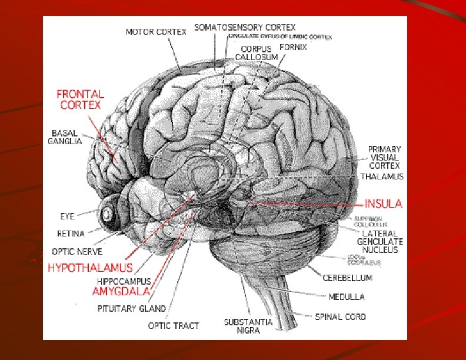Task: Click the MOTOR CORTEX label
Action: (x=156, y=32)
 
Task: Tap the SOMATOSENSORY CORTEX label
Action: (x=245, y=27)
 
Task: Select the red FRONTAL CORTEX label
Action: (x=80, y=99)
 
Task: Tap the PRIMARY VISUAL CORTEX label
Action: (x=385, y=157)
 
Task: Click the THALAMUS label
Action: (x=381, y=176)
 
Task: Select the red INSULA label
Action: (x=383, y=204)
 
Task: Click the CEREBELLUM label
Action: (x=347, y=277)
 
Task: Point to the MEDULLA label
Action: (x=347, y=296)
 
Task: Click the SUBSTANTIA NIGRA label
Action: (x=248, y=326)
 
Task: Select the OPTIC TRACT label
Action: (x=173, y=325)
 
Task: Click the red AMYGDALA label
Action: (x=121, y=291)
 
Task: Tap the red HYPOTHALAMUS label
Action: (x=90, y=267)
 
